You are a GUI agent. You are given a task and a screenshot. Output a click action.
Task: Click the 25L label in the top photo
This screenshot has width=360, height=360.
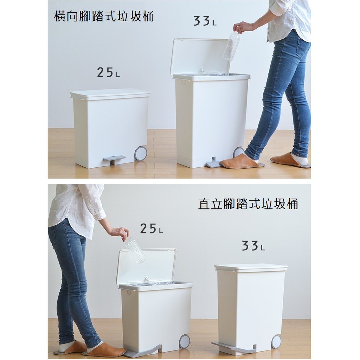[108, 72]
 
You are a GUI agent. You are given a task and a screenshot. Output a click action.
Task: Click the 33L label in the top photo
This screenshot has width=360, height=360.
[205, 21]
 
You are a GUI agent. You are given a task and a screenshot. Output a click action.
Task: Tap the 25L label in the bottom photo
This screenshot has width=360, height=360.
[151, 229]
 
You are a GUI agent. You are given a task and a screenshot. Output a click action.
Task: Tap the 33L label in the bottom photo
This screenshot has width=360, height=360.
[253, 246]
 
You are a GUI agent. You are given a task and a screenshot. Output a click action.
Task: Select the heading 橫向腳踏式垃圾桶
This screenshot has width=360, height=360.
[104, 16]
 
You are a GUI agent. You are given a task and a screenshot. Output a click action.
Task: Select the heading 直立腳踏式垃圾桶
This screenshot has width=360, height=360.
[248, 204]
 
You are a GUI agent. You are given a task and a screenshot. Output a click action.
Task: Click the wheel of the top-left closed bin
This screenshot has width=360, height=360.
[141, 154]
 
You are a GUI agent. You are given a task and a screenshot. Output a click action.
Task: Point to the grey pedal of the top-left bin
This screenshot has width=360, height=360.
[114, 159]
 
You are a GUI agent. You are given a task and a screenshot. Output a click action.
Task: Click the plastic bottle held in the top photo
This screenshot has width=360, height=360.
[231, 45]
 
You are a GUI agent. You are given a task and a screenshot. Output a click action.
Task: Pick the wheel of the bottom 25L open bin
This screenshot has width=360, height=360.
[184, 341]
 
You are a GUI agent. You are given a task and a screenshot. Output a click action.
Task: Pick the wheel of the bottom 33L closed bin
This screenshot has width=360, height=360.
[276, 342]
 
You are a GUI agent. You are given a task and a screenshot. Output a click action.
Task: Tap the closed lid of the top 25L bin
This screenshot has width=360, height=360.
[110, 94]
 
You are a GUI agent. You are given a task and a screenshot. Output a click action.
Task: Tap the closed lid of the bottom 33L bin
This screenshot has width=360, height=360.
[251, 268]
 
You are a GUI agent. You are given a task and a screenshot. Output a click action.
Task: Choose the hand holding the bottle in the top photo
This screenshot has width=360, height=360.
[242, 27]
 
